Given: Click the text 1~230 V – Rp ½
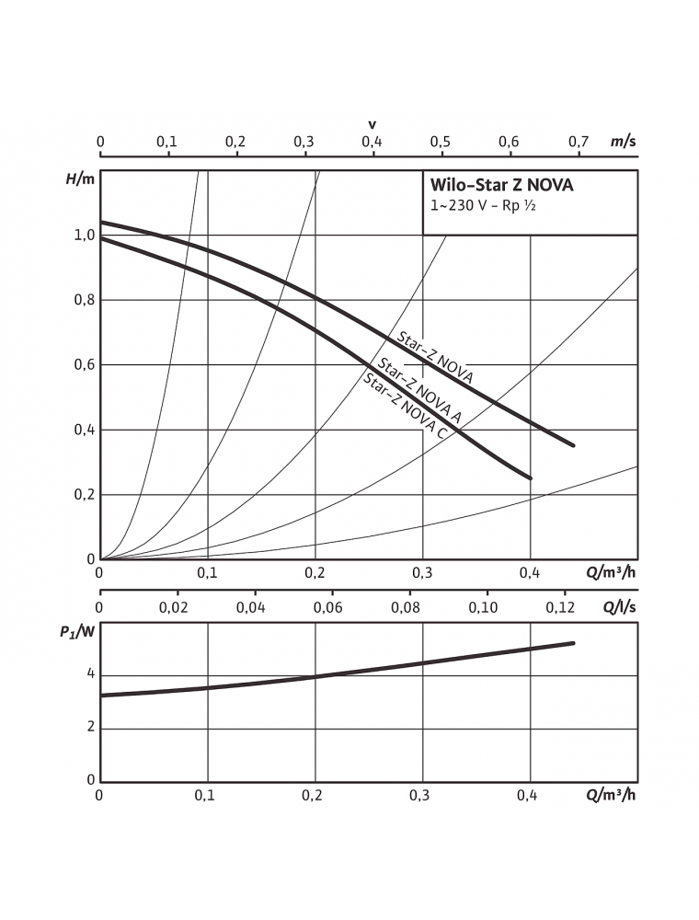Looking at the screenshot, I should (x=483, y=206).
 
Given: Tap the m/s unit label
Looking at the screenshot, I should (x=623, y=142).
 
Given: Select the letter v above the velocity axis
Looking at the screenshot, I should (x=372, y=124).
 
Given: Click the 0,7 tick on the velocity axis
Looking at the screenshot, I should (x=578, y=142).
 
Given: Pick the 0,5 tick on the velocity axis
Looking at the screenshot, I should (x=441, y=142).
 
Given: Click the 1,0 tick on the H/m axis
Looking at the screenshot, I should (x=85, y=236).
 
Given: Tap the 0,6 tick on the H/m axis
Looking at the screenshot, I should (x=85, y=365).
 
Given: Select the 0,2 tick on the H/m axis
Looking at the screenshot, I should (x=85, y=495).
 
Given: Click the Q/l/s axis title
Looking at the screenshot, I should (x=619, y=607).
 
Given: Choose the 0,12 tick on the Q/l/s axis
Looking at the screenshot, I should (x=559, y=607).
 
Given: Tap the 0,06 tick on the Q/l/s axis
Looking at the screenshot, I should (x=327, y=607).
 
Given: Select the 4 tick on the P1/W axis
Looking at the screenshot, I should (x=91, y=674).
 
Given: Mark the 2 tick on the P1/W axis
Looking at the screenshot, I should (x=91, y=728).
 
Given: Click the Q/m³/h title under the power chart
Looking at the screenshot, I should (x=610, y=795).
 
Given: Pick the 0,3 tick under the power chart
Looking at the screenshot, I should (x=422, y=795).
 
